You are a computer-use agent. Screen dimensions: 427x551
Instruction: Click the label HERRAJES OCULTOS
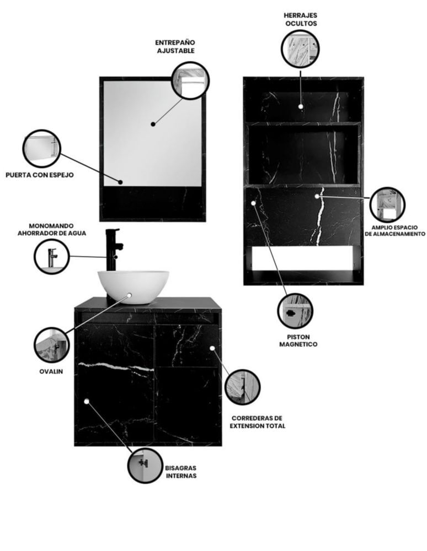point(301,19)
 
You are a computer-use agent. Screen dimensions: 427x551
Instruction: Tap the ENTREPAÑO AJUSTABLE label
point(175,46)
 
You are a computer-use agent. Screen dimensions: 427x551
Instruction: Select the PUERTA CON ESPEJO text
point(40,175)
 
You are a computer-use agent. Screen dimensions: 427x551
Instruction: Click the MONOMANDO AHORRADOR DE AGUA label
point(52,229)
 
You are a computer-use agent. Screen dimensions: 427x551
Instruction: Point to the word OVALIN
point(51,371)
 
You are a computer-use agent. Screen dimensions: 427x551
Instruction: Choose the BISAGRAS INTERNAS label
point(181,472)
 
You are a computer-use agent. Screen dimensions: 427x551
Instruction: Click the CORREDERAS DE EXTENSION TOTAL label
point(257,422)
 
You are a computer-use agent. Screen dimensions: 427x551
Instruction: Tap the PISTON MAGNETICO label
point(298,341)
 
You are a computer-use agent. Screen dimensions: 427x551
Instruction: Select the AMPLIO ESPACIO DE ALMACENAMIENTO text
point(394,230)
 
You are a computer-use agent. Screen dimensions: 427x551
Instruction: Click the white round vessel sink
point(134,286)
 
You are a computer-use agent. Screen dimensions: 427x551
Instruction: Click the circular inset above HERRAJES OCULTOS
point(300,49)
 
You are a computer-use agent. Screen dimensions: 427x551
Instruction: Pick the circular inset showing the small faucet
point(52,257)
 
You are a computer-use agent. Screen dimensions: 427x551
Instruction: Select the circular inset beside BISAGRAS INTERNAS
point(145,465)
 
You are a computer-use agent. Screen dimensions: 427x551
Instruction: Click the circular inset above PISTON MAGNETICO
point(295,311)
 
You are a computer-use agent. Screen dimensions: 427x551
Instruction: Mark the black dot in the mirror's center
point(153,124)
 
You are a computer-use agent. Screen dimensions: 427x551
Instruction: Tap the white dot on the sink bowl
point(130,295)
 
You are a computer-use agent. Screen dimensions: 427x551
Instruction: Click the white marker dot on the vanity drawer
point(212,348)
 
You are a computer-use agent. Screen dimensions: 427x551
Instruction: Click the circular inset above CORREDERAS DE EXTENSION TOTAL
point(242,387)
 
